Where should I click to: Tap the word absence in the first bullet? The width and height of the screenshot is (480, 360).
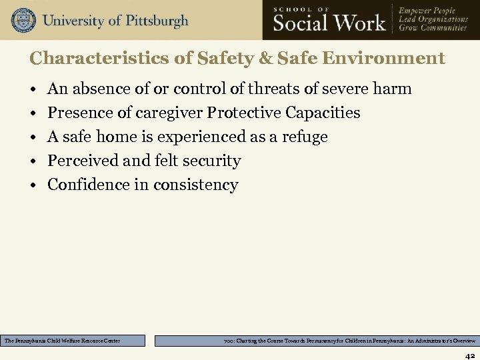96,89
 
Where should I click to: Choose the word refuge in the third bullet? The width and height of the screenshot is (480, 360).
306,137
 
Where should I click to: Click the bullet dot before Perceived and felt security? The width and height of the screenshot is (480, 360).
33,161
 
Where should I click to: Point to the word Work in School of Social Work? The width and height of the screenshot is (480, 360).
361,24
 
